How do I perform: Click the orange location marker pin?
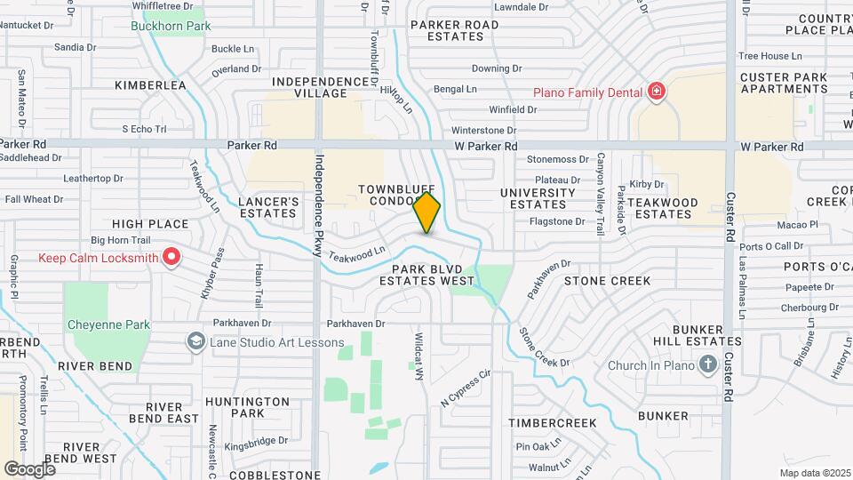(427, 212)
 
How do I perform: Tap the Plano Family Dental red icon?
(657, 92)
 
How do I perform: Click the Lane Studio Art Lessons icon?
(195, 341)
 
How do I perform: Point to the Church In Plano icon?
(707, 364)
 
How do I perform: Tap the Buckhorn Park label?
(171, 26)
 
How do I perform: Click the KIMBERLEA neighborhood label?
(150, 85)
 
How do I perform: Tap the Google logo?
(29, 468)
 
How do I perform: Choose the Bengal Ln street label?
(455, 89)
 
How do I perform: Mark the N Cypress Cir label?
(466, 388)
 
